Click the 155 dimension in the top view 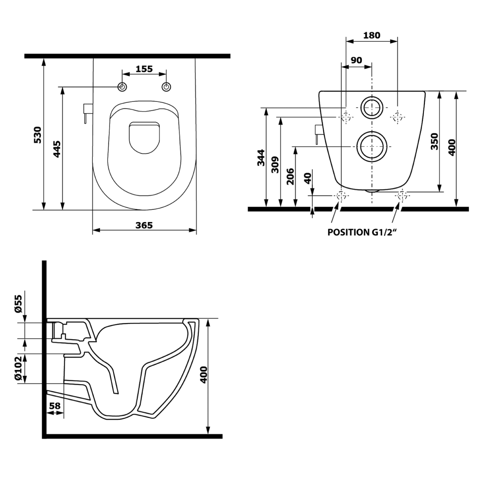[x=144, y=69]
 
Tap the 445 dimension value [x=57, y=149]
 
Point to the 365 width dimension [x=144, y=225]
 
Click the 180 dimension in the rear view [x=372, y=36]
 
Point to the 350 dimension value [x=435, y=141]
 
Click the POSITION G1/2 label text [x=361, y=233]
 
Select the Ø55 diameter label [x=18, y=303]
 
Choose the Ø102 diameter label [x=18, y=368]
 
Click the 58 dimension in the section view [x=54, y=405]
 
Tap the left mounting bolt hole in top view [x=122, y=87]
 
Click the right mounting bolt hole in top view [x=167, y=87]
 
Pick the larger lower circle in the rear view [x=372, y=147]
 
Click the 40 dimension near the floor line [x=307, y=179]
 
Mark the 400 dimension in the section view [x=204, y=374]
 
